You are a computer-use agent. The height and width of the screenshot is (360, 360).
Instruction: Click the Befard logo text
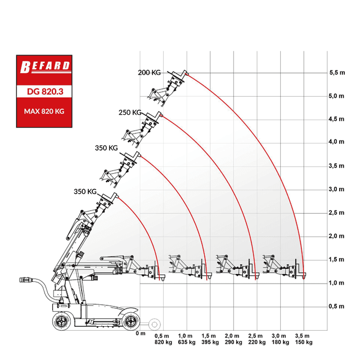(45, 66)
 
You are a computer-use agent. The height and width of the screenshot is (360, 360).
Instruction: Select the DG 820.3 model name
(45, 92)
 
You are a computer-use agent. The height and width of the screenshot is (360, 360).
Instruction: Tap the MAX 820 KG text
(44, 111)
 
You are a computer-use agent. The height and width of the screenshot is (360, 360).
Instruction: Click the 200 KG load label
(149, 73)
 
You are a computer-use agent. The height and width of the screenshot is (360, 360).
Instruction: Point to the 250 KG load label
(130, 112)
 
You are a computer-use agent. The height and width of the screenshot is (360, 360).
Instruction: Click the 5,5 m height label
(337, 73)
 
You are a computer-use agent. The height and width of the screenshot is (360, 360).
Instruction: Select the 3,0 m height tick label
(336, 190)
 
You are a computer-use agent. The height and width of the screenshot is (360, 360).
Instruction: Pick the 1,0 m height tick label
(336, 283)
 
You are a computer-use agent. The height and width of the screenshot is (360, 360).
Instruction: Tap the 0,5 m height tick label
(336, 306)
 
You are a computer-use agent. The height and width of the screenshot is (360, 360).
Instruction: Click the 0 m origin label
(141, 334)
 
